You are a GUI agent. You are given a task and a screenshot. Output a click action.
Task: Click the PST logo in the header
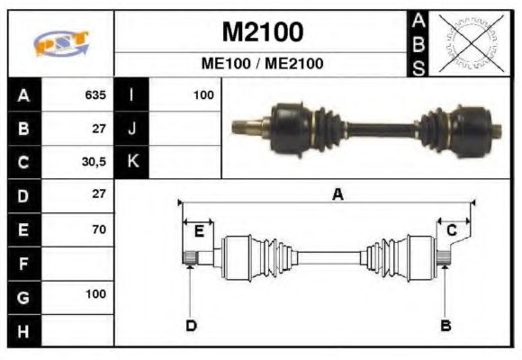point(60,43)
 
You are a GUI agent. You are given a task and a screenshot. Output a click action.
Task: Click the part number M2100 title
point(262,32)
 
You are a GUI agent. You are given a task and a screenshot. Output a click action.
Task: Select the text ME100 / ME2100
point(262,64)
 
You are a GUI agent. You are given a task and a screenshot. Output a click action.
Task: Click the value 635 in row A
point(94,95)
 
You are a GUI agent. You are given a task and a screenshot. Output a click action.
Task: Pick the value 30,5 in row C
point(94,162)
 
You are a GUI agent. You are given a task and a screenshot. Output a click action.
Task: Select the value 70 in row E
point(98,229)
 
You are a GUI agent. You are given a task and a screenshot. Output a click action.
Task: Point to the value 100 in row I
point(202,95)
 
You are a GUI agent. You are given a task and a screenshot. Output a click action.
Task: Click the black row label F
point(22,263)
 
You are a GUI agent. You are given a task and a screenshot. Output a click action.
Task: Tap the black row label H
point(22,329)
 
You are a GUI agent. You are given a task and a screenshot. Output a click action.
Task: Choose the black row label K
point(131,162)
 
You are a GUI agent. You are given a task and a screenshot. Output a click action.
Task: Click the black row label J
point(131,129)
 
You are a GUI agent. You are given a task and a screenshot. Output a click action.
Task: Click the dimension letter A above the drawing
point(337,193)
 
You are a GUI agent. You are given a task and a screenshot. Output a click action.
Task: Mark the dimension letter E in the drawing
point(199,231)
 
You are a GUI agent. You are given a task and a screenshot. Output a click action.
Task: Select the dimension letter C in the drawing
point(452,231)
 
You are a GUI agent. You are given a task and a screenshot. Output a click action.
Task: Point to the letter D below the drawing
point(191,325)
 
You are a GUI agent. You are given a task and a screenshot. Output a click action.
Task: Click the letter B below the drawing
point(445,325)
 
